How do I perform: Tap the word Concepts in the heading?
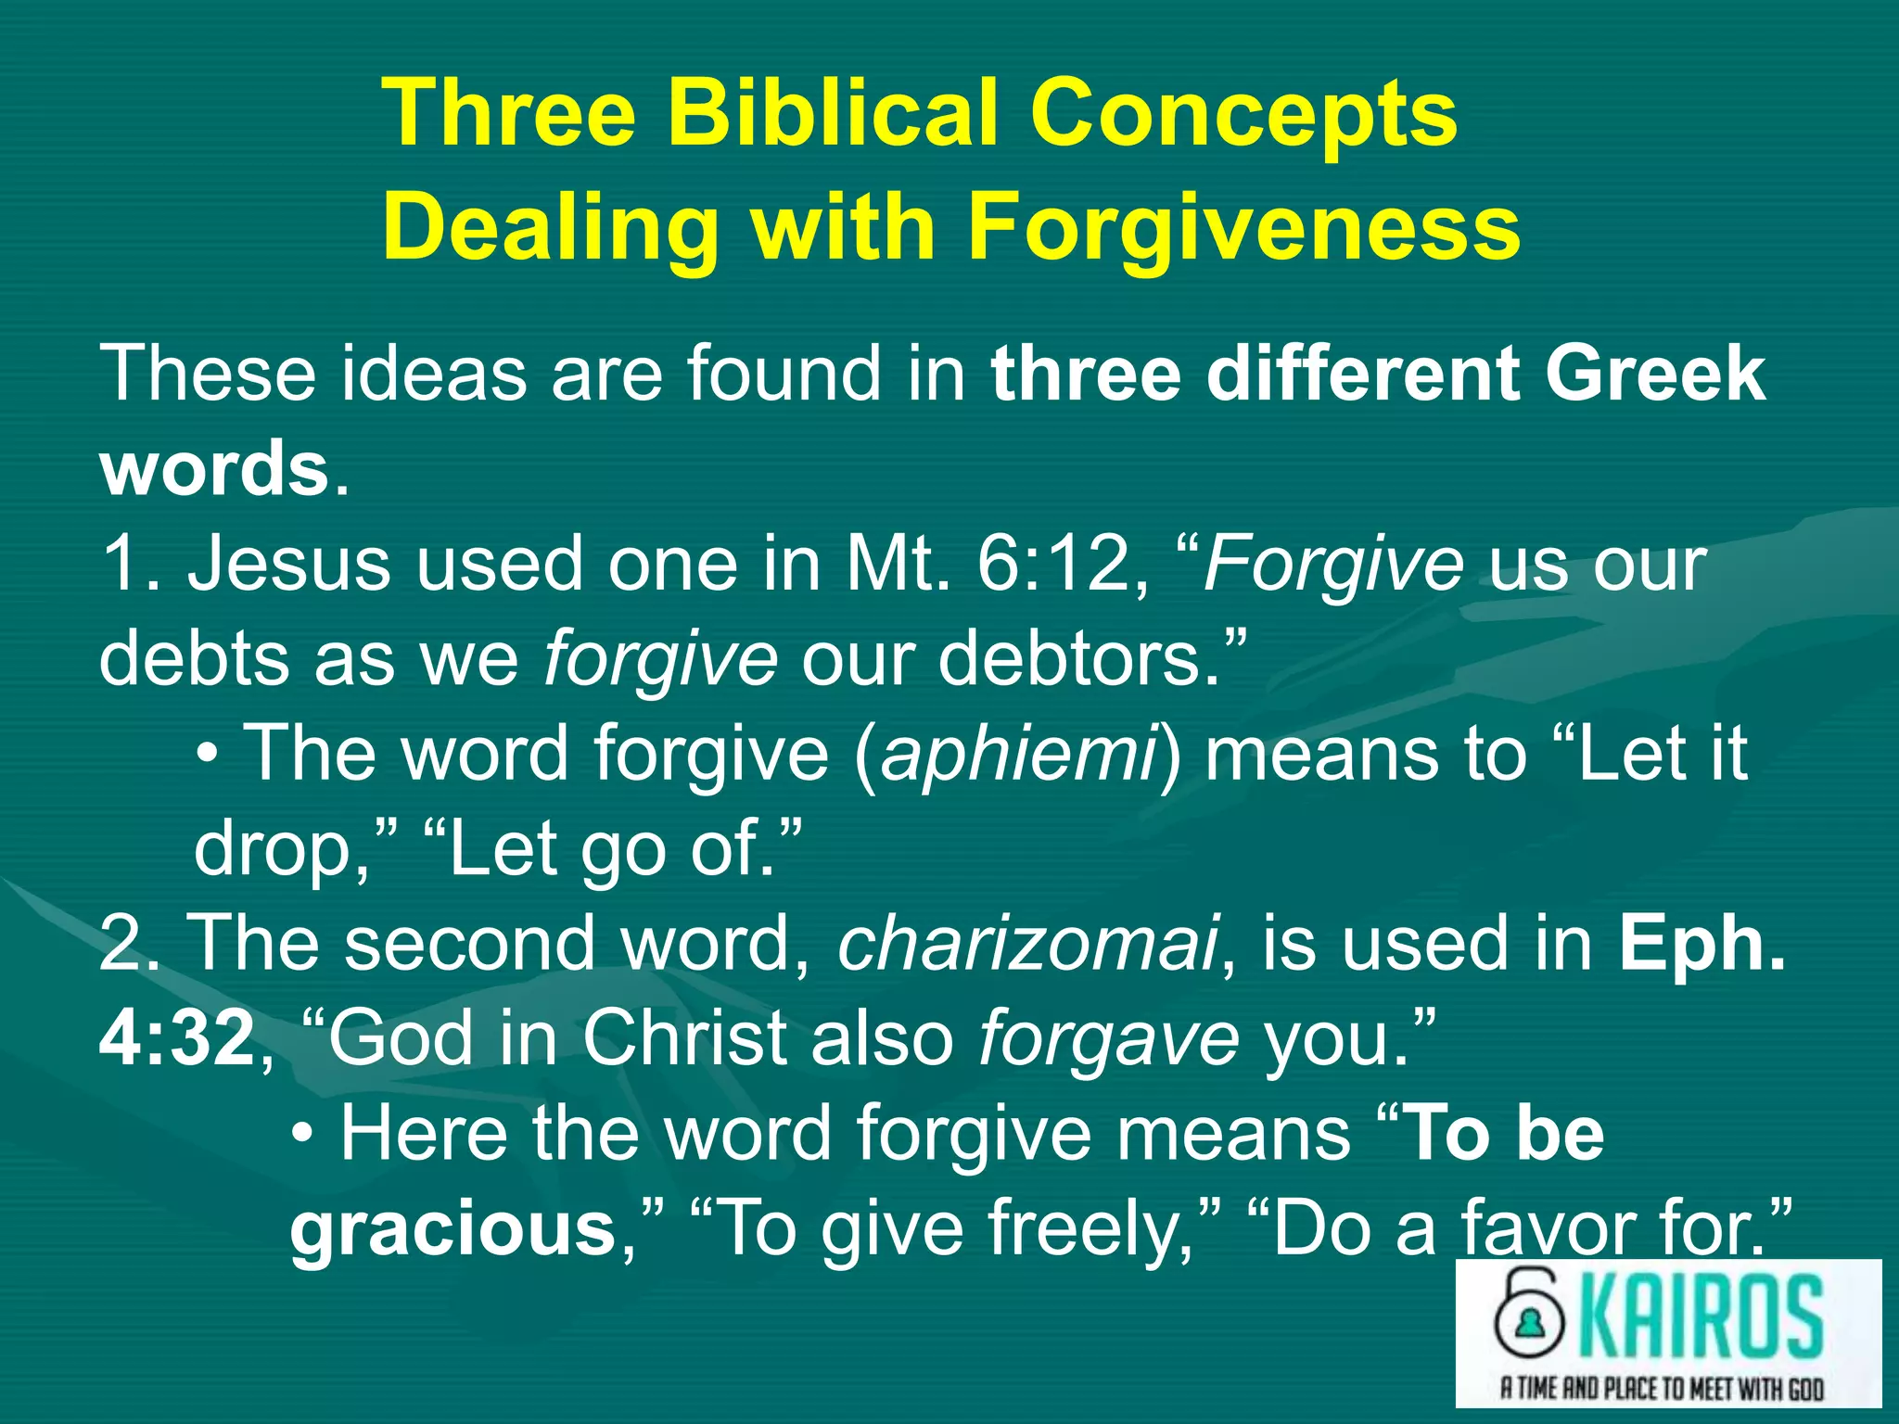tap(1243, 113)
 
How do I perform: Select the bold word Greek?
tap(1655, 373)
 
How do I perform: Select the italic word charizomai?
tap(1027, 943)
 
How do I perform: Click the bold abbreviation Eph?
tap(1702, 943)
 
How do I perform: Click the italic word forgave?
tap(1108, 1037)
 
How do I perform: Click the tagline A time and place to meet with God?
tap(1662, 1388)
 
